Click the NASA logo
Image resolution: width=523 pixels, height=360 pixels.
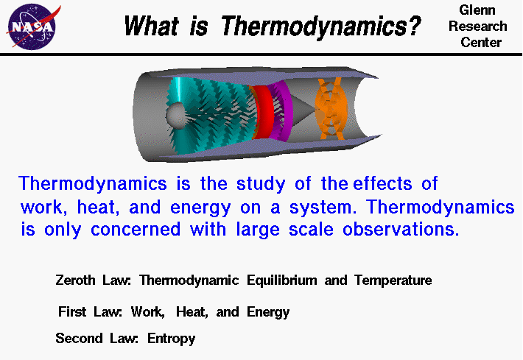pyautogui.click(x=32, y=26)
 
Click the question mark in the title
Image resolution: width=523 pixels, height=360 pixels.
pyautogui.click(x=414, y=25)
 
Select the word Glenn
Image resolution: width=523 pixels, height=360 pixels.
pyautogui.click(x=477, y=10)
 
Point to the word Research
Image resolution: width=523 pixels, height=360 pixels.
pyautogui.click(x=478, y=26)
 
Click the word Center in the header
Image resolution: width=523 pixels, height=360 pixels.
pyautogui.click(x=481, y=43)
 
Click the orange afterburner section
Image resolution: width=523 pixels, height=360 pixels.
pyautogui.click(x=331, y=109)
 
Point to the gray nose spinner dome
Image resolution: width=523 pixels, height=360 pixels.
pyautogui.click(x=176, y=116)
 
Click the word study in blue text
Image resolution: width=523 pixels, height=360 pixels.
pyautogui.click(x=261, y=184)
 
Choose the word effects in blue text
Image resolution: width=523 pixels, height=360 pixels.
pyautogui.click(x=383, y=183)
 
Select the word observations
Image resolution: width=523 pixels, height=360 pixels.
pyautogui.click(x=401, y=230)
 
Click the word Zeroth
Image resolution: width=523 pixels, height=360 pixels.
pyautogui.click(x=75, y=280)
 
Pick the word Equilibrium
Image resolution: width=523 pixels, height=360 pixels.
pyautogui.click(x=282, y=280)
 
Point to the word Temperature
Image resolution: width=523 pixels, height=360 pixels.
pyautogui.click(x=393, y=280)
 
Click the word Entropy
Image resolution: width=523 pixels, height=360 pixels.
pyautogui.click(x=172, y=339)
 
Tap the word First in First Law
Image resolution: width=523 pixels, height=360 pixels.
pyautogui.click(x=72, y=311)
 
